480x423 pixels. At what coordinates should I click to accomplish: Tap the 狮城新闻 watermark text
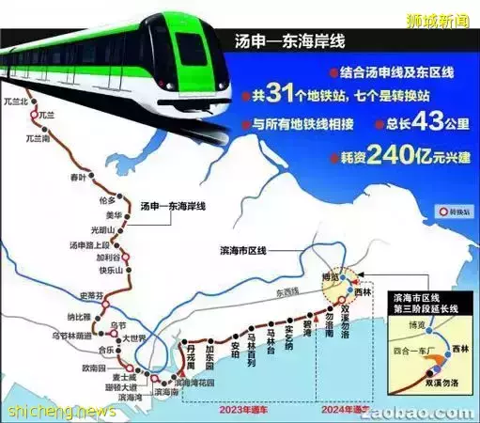tap(438, 18)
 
